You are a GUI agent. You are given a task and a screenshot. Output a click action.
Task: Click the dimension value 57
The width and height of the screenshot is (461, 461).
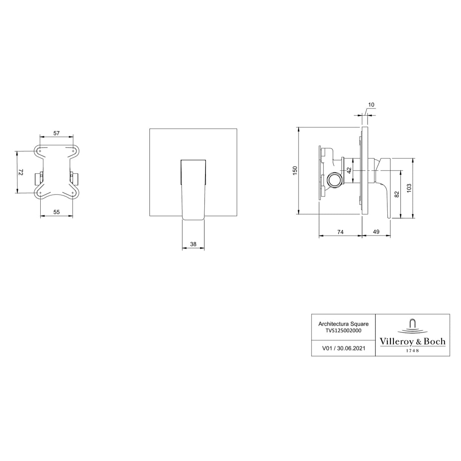[56, 133]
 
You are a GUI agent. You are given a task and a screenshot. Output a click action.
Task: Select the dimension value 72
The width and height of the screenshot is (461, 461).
[21, 172]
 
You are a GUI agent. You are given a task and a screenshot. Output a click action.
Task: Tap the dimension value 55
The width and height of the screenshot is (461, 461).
[56, 212]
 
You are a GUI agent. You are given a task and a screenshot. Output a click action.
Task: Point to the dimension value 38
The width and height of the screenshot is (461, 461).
[193, 244]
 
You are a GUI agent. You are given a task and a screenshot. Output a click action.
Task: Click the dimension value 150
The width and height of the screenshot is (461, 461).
[295, 170]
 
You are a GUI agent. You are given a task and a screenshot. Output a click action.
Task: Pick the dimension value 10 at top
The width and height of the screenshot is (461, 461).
[371, 104]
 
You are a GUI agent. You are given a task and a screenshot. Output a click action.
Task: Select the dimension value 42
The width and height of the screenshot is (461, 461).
[349, 171]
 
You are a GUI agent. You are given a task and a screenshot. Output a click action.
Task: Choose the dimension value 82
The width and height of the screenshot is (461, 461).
[397, 194]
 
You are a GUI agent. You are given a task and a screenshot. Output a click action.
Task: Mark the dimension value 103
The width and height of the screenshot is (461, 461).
[409, 188]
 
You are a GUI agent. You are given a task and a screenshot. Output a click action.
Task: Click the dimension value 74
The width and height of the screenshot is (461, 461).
[340, 232]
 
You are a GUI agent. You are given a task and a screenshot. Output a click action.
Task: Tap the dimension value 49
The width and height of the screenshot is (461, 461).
[376, 232]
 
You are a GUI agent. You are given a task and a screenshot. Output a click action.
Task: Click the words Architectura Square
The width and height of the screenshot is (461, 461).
[343, 324]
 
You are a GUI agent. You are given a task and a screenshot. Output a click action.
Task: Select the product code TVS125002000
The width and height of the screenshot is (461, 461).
[343, 330]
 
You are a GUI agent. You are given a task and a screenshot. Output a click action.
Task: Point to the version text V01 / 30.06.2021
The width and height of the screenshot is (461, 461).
[343, 348]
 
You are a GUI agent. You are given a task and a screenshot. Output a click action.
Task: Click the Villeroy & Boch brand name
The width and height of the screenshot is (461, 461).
[412, 341]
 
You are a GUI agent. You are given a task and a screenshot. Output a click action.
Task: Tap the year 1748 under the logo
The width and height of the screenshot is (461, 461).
[412, 350]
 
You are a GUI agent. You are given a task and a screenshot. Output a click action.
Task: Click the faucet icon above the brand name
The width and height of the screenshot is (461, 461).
[412, 325]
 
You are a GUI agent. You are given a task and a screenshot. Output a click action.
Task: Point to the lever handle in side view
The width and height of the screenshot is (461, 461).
[385, 186]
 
